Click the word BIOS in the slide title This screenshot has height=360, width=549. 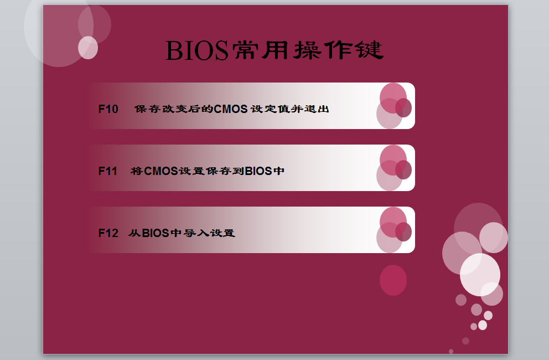tap(196, 50)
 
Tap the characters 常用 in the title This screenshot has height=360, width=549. tap(261, 50)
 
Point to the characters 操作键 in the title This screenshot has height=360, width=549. tap(339, 50)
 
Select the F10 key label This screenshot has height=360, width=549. tap(108, 109)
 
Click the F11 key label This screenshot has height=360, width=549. tap(108, 171)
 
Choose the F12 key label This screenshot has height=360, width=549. tap(108, 233)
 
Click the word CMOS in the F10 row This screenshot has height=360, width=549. tap(231, 109)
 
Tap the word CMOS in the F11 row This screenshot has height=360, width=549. tap(161, 171)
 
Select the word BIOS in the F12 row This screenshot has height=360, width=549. tap(156, 233)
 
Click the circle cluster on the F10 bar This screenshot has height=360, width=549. tap(394, 106)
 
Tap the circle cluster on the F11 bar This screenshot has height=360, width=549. tap(394, 168)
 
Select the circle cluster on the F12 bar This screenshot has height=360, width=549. tap(394, 230)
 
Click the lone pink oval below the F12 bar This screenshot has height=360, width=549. tap(393, 280)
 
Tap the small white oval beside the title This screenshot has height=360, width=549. tap(88, 48)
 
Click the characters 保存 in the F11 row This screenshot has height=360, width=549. tap(219, 171)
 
